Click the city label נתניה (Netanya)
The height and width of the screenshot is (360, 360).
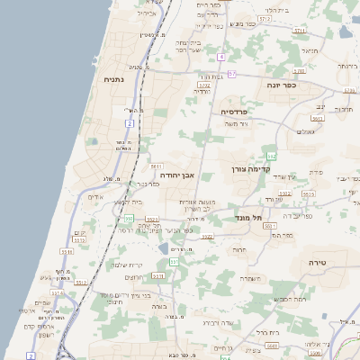(114, 80)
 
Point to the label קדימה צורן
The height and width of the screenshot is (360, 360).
(251, 168)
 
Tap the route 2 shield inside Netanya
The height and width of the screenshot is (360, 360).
(130, 121)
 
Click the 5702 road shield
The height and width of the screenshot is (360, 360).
(204, 85)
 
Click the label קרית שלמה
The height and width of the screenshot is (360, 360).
(131, 264)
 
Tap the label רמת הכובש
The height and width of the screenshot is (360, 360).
(291, 297)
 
